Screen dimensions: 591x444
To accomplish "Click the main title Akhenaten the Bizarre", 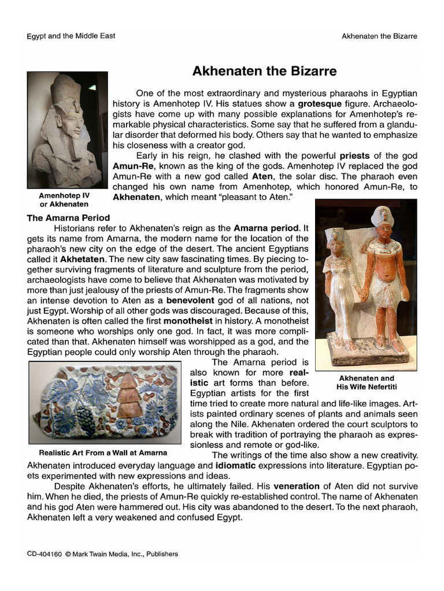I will pyautogui.click(x=264, y=72).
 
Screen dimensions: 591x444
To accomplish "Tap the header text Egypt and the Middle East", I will pyautogui.click(x=71, y=36).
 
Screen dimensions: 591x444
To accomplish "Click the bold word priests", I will pyautogui.click(x=357, y=155).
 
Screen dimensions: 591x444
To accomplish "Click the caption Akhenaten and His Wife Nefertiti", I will pyautogui.click(x=366, y=382).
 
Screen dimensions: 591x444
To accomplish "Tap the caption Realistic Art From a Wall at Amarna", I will pyautogui.click(x=103, y=452).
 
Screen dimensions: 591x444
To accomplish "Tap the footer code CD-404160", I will pyautogui.click(x=45, y=554).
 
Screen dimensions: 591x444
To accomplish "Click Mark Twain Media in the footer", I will pyautogui.click(x=101, y=554).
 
